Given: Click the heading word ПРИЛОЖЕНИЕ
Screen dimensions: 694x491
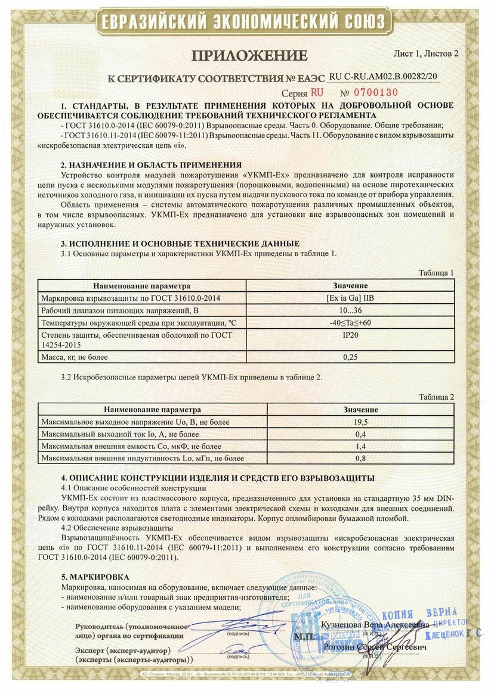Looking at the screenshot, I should click(249, 56).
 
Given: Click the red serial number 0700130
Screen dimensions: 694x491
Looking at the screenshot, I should click(373, 93).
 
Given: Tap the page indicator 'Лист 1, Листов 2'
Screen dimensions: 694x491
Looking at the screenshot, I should click(426, 53).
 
